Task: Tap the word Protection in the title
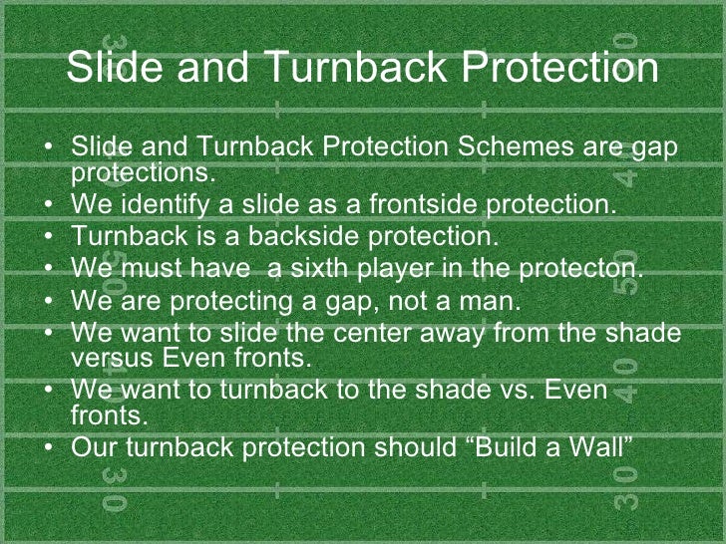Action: (x=560, y=70)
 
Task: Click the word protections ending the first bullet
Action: (x=142, y=170)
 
